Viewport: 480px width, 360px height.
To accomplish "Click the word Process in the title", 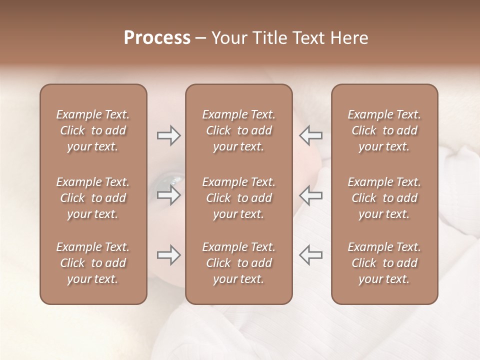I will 157,38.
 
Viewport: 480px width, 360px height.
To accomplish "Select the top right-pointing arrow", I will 168,135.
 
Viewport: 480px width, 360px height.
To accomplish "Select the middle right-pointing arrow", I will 168,195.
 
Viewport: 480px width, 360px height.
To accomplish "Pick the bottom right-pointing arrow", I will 168,255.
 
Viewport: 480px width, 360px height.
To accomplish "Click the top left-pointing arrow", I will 311,135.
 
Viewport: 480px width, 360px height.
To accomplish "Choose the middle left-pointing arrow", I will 311,195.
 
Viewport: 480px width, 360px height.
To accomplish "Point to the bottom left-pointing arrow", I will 311,255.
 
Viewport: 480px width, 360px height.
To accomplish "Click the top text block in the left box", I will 93,130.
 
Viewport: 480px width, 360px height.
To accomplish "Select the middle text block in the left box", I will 93,198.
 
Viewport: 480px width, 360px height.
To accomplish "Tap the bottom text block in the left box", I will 93,263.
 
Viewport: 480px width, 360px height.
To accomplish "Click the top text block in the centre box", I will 238,130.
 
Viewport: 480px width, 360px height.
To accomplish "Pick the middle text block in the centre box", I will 238,198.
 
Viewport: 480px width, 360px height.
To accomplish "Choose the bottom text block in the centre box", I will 238,263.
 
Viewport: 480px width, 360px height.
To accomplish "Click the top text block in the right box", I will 384,130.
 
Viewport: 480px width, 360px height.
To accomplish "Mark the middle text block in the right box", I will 384,198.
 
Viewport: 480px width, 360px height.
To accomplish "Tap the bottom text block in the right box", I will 384,263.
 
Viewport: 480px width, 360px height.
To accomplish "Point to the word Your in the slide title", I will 229,38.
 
